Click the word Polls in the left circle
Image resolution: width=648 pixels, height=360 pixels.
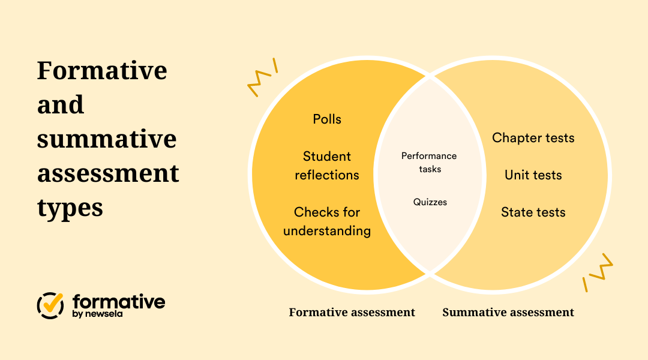[x=327, y=119]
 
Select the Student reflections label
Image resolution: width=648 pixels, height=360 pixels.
[x=327, y=166]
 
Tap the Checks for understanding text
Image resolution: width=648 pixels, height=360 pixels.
[x=327, y=221]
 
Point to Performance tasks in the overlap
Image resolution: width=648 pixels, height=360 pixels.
[x=429, y=163]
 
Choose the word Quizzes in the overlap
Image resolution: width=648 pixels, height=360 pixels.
[x=430, y=202]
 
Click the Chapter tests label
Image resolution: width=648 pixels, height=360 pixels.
[x=533, y=138]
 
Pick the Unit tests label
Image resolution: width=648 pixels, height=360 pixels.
[x=533, y=175]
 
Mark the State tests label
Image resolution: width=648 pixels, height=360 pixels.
[x=533, y=212]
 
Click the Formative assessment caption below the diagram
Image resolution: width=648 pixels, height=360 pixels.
[x=352, y=313]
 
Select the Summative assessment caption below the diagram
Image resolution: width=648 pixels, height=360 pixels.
[x=508, y=313]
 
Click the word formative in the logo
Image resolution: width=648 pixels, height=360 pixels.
[x=119, y=301]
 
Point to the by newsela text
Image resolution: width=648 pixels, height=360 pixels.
[x=97, y=314]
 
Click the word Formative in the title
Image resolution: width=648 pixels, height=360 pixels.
[x=102, y=71]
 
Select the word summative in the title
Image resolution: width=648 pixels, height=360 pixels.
[x=107, y=140]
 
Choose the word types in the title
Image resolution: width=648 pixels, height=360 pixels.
[x=70, y=209]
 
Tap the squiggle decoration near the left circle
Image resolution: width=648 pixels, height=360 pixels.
[x=262, y=77]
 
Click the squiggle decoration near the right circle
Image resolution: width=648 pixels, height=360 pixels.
[x=598, y=272]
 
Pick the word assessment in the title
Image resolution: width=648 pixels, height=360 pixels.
[x=108, y=174]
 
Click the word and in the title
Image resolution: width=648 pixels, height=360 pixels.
[x=61, y=106]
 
